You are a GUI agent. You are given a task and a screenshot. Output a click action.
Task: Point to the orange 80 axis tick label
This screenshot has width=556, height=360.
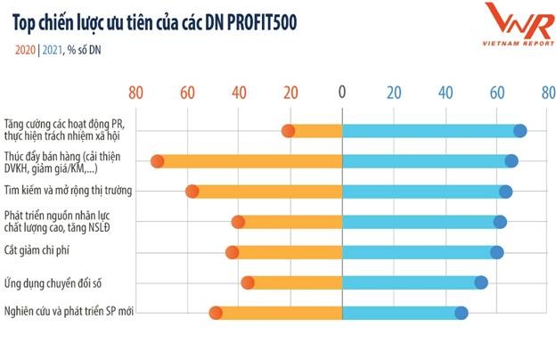(x=135, y=92)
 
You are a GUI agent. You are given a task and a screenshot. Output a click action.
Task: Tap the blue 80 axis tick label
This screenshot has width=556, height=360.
(x=547, y=92)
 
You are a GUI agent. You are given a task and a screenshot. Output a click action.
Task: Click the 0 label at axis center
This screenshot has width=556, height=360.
(x=342, y=92)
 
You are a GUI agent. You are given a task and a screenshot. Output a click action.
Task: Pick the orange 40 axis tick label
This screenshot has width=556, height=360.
(x=239, y=92)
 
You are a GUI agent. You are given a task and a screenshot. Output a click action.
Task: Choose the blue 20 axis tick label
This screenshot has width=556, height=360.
(x=393, y=92)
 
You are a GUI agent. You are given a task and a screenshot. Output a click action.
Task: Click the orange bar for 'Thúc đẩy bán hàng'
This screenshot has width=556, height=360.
(x=249, y=161)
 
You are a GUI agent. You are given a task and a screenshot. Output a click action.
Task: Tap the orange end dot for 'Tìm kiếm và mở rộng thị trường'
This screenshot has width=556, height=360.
(x=192, y=192)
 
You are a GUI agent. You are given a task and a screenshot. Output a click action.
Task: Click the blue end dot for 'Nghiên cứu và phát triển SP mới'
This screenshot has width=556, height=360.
(x=461, y=313)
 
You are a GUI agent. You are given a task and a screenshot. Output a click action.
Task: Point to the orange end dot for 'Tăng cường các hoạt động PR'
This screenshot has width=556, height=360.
(x=288, y=131)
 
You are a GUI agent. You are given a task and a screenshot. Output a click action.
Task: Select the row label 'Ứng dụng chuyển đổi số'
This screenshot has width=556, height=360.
(x=57, y=282)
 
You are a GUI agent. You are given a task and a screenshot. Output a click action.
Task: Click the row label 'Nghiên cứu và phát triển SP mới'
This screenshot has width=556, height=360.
(x=75, y=312)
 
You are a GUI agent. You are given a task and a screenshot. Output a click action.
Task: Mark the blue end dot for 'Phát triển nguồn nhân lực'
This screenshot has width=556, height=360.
(x=500, y=222)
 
